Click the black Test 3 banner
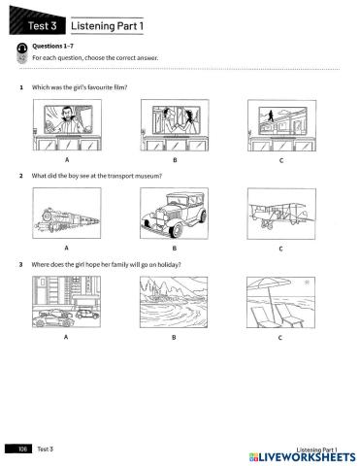pos(37,21)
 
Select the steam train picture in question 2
pos(67,214)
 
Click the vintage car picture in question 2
pos(175,214)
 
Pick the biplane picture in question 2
pos(281,214)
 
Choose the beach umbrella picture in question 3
pos(280,302)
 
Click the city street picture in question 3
pos(66,302)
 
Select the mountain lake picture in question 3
pos(174,302)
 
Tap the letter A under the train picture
pos(66,248)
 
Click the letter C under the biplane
pos(280,249)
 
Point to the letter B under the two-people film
pos(175,160)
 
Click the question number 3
pos(21,265)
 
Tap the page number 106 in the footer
pos(22,449)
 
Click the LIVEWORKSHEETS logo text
pos(303,457)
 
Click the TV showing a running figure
pos(282,121)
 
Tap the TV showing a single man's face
pos(68,119)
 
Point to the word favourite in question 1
pos(100,87)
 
